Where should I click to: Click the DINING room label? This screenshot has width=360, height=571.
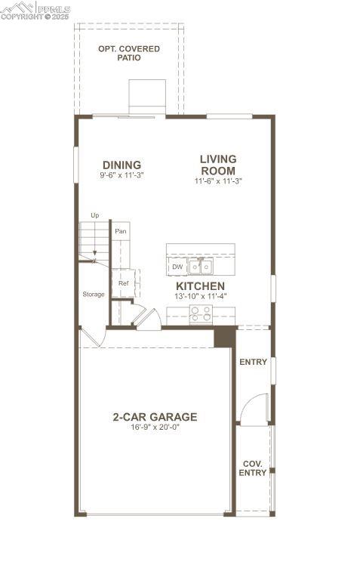122,165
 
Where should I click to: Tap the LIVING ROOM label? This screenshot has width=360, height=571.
218,165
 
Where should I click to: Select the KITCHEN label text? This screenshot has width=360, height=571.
200,286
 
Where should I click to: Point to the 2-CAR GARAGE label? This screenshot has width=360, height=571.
155,416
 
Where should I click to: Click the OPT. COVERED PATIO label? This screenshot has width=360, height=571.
129,53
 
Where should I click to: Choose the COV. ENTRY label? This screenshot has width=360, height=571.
253,468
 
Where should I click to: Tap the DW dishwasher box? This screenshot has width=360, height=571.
177,267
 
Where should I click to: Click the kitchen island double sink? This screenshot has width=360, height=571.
201,267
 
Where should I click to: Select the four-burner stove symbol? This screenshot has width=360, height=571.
200,314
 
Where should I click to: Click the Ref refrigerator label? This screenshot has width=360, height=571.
123,283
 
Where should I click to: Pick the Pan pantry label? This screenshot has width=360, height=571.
120,230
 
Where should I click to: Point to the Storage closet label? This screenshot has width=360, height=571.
94,294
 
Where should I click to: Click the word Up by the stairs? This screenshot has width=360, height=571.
95,215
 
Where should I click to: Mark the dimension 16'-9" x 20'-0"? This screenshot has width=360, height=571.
155,427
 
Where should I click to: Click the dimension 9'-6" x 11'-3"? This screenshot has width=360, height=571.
122,175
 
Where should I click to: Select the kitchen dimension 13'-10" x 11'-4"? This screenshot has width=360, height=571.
200,296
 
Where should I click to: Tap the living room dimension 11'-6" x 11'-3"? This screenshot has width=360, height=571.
218,181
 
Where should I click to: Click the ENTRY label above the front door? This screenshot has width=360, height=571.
253,362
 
